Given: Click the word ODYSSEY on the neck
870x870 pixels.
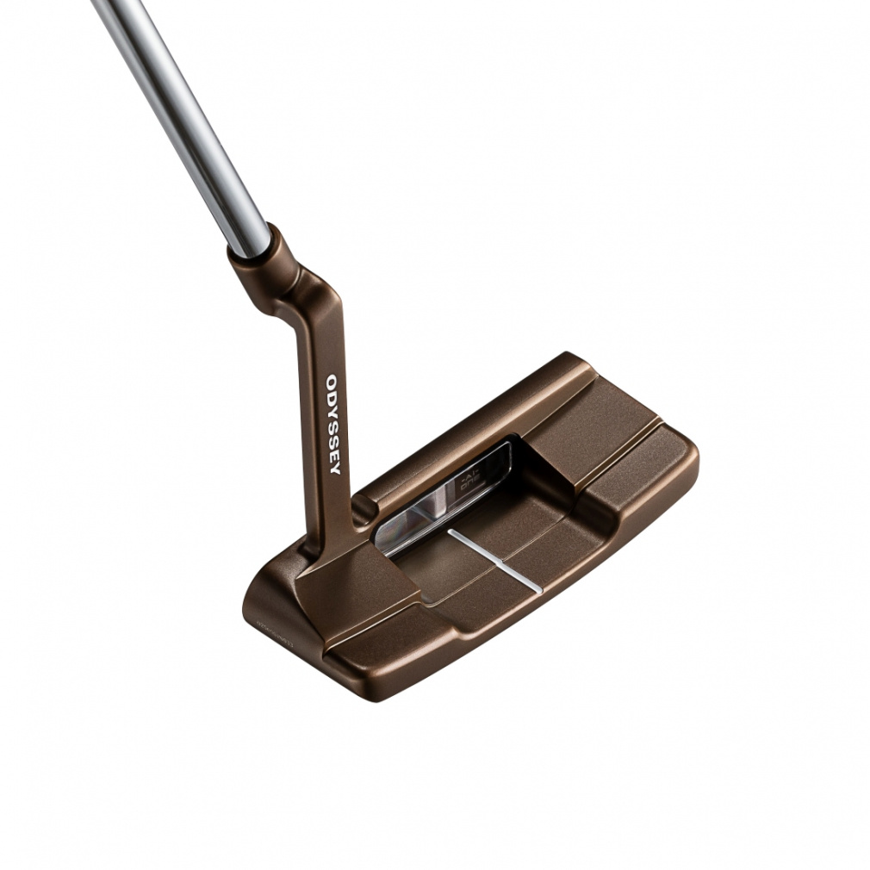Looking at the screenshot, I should (x=332, y=423).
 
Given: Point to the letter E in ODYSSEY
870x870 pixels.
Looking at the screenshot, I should (x=334, y=453).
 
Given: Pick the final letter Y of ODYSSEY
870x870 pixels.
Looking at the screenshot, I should (x=335, y=468).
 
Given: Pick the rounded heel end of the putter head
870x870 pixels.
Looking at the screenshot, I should (x=258, y=603).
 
